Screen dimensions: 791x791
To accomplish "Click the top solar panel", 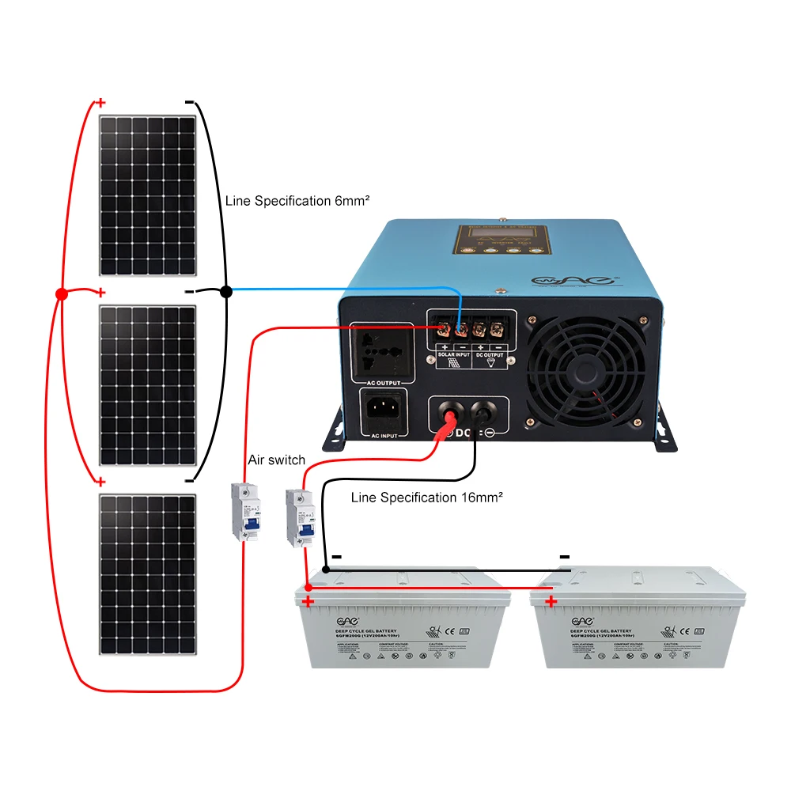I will pyautogui.click(x=147, y=196).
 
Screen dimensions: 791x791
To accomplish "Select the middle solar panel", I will pyautogui.click(x=147, y=385).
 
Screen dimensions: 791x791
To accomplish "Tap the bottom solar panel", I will pyautogui.click(x=147, y=573).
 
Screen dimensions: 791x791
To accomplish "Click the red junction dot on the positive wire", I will pyautogui.click(x=61, y=294).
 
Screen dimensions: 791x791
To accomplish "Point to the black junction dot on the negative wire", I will pyautogui.click(x=225, y=292).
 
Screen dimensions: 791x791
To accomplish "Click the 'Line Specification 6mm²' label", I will pyautogui.click(x=297, y=201).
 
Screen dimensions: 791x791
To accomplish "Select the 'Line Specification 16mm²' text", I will pyautogui.click(x=426, y=498).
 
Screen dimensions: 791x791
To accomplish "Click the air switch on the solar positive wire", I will pyautogui.click(x=244, y=512).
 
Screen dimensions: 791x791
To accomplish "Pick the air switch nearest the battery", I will pyautogui.click(x=299, y=517).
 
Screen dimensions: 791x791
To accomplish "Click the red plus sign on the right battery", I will pyautogui.click(x=551, y=602).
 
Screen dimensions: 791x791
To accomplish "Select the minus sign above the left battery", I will pyautogui.click(x=337, y=557).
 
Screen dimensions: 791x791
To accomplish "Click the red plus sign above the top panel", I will pyautogui.click(x=100, y=103).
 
